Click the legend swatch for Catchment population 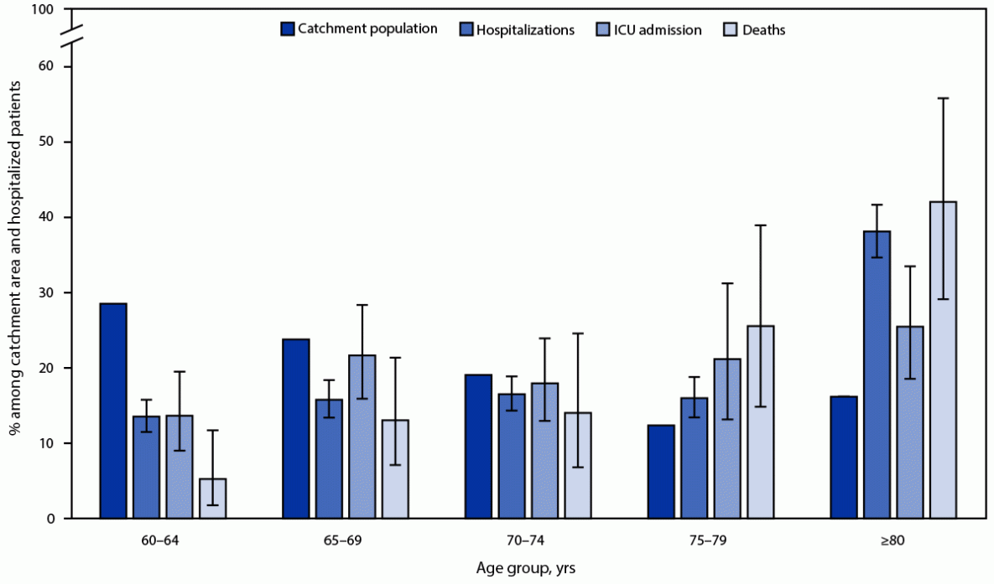click(288, 28)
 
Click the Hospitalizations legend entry click(525, 30)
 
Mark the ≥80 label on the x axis click(893, 540)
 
